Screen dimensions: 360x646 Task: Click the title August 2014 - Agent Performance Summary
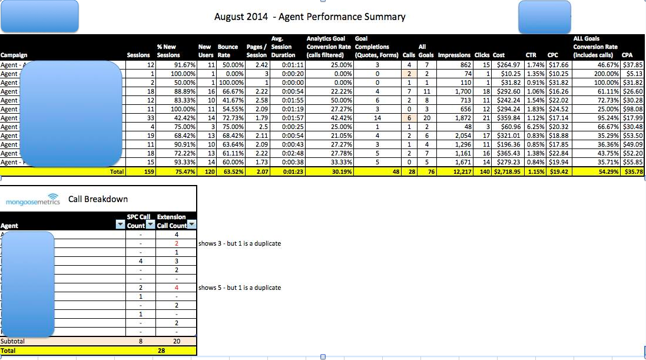click(310, 16)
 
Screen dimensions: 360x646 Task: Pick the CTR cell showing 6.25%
click(534, 127)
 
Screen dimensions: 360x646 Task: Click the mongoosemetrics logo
click(32, 200)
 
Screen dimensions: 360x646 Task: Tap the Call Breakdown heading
click(98, 199)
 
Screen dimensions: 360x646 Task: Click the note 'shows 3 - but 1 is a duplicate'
click(240, 243)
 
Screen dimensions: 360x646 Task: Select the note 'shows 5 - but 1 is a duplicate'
click(240, 288)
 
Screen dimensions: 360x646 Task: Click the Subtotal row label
click(13, 341)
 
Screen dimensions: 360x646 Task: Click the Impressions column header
click(454, 55)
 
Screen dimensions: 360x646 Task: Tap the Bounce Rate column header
click(227, 51)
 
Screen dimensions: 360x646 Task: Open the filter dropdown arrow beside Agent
click(120, 225)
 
